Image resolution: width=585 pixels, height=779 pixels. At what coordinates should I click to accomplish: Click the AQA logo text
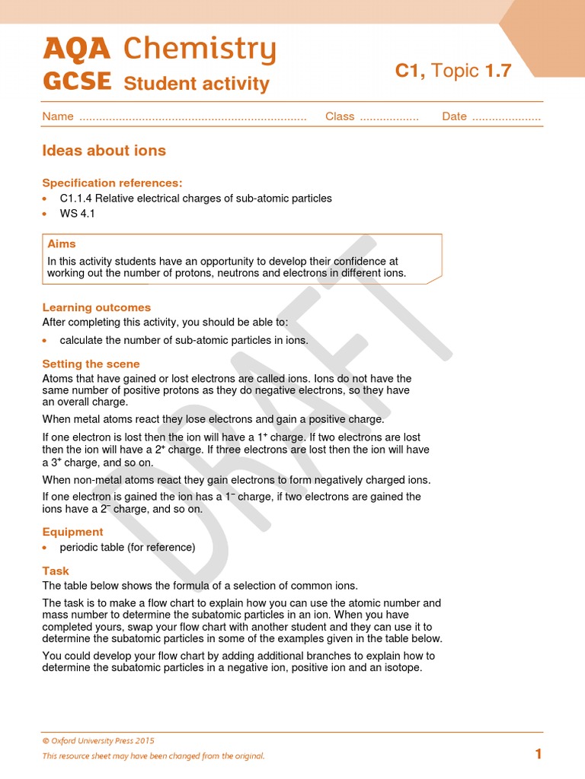click(x=77, y=49)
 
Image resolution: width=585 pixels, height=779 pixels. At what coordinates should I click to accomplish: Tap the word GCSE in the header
click(x=77, y=81)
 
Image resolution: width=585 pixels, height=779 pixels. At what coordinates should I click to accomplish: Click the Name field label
click(x=58, y=116)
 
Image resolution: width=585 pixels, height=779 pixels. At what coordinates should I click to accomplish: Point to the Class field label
click(x=340, y=116)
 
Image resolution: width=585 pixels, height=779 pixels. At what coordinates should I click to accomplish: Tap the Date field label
click(x=454, y=116)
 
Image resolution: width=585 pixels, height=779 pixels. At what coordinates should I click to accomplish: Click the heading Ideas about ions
click(x=104, y=151)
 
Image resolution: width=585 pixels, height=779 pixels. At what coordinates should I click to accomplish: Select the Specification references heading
click(x=112, y=183)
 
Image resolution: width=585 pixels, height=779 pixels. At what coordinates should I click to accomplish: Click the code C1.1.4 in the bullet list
click(x=76, y=199)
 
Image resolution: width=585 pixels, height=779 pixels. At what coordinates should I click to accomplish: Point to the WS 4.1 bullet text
click(x=78, y=214)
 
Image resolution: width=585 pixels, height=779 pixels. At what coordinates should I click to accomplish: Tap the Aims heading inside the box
click(x=62, y=244)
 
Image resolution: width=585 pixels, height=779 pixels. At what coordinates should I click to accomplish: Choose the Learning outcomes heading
click(x=96, y=307)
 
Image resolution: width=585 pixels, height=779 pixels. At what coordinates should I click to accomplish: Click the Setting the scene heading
click(x=91, y=364)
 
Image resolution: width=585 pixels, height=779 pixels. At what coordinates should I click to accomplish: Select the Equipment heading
click(x=72, y=532)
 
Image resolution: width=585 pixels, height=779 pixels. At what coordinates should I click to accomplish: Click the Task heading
click(x=56, y=571)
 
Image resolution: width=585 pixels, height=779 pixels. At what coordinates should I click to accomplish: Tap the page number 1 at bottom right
click(x=539, y=754)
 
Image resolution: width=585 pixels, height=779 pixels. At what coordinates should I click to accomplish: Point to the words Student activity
click(x=196, y=83)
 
